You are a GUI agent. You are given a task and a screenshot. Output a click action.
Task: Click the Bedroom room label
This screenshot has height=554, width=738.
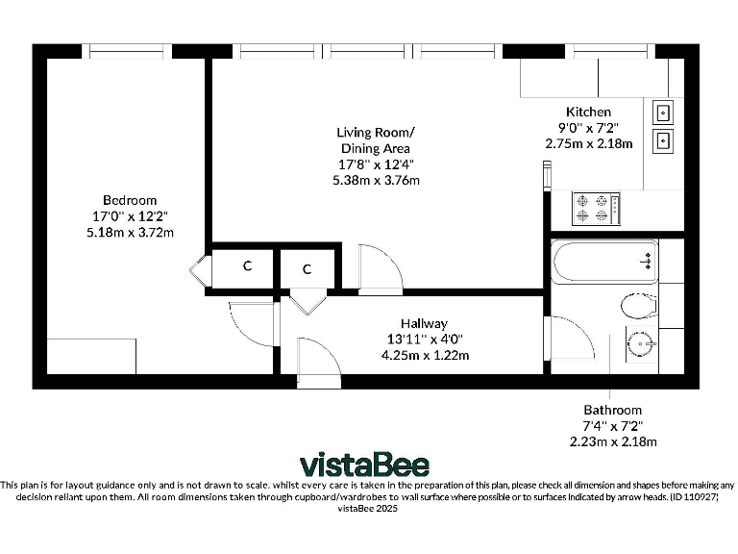pyautogui.click(x=130, y=200)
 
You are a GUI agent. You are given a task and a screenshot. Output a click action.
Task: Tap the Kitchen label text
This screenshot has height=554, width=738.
pyautogui.click(x=587, y=113)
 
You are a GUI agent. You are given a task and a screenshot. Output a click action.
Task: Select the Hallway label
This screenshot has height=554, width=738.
pyautogui.click(x=424, y=323)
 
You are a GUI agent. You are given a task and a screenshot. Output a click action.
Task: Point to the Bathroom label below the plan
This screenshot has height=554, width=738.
pyautogui.click(x=612, y=410)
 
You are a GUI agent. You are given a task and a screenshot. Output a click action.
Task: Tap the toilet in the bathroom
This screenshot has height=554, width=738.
pyautogui.click(x=639, y=307)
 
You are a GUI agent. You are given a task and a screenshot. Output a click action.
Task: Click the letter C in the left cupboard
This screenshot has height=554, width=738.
pyautogui.click(x=246, y=266)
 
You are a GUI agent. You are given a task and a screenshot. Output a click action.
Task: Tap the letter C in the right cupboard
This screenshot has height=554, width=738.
pyautogui.click(x=307, y=269)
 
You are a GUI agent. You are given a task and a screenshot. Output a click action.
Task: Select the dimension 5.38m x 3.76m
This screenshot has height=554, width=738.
pyautogui.click(x=376, y=180)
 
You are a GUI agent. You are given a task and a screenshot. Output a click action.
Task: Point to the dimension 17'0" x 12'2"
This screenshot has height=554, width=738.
pyautogui.click(x=130, y=216)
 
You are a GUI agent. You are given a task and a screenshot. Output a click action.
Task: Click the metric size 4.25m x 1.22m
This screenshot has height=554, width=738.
pyautogui.click(x=424, y=355)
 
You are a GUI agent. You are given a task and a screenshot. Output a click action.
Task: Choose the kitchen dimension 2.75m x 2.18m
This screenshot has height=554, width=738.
pyautogui.click(x=588, y=143)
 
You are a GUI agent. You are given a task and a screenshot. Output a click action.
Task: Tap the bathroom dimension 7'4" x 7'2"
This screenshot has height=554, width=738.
pyautogui.click(x=612, y=425)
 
